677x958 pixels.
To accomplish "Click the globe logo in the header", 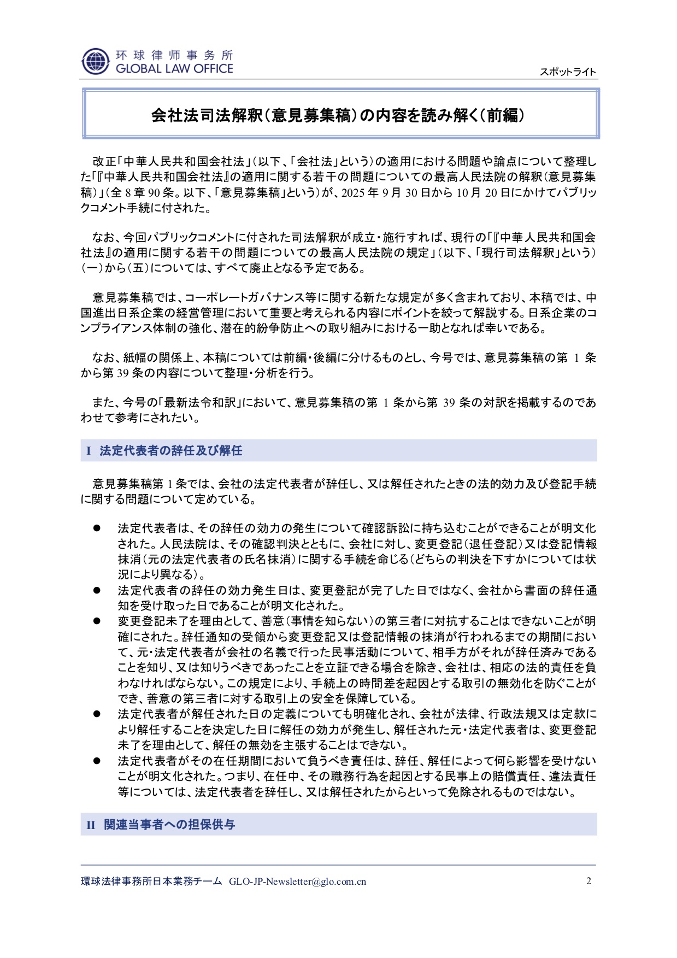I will [x=95, y=61].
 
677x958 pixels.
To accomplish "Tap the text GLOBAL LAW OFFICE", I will [x=174, y=69].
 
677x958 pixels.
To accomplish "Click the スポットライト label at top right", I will [x=568, y=72].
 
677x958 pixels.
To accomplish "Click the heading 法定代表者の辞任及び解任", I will [x=170, y=451].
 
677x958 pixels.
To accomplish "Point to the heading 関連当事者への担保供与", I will [x=169, y=825].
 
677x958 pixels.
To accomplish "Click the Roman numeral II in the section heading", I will [x=91, y=825].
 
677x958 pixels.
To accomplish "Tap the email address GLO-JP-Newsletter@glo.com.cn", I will [x=297, y=881].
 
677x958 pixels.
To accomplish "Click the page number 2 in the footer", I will [x=588, y=881].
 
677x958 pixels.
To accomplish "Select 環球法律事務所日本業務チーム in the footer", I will [x=151, y=881].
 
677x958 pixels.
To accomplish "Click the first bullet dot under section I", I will [x=97, y=528].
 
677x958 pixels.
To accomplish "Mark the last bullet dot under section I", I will [x=97, y=761].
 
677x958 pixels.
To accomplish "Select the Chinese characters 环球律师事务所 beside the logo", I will [x=174, y=55].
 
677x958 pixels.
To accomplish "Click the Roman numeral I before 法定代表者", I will [x=88, y=451].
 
